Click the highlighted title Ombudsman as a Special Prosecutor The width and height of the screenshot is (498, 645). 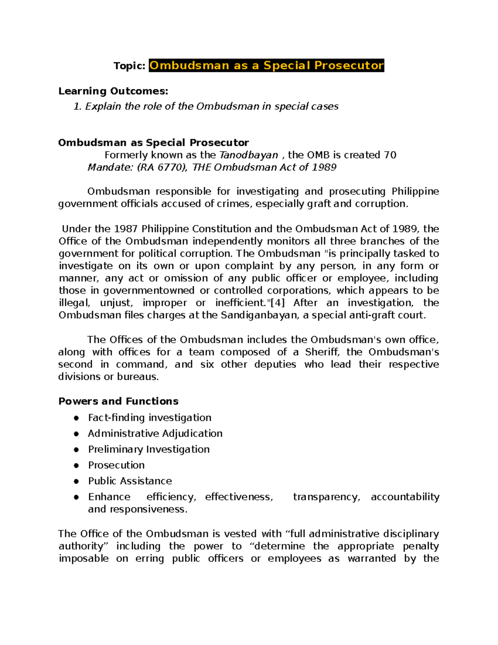coord(266,66)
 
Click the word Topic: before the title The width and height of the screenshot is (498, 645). coord(129,66)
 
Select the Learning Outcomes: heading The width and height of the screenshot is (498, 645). coord(113,91)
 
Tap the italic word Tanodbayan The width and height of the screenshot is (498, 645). coord(248,155)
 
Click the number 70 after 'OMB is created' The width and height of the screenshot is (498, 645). coord(390,155)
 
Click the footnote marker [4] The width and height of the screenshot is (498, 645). coord(277,303)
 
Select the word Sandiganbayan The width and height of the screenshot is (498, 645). coord(259,315)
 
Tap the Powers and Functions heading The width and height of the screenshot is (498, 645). coord(118,401)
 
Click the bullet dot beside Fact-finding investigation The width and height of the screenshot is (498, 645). coord(76,418)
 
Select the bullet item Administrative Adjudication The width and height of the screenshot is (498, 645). coord(155,434)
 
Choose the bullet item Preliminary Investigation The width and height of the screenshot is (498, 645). coord(149,449)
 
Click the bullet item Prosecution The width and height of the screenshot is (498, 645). coord(116,465)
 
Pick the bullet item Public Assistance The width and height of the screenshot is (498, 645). coord(130,481)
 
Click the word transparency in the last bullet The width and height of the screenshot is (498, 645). coord(326,497)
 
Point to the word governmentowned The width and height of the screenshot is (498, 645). coord(149,291)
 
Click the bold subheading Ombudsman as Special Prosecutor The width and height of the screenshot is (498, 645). coord(154,143)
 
